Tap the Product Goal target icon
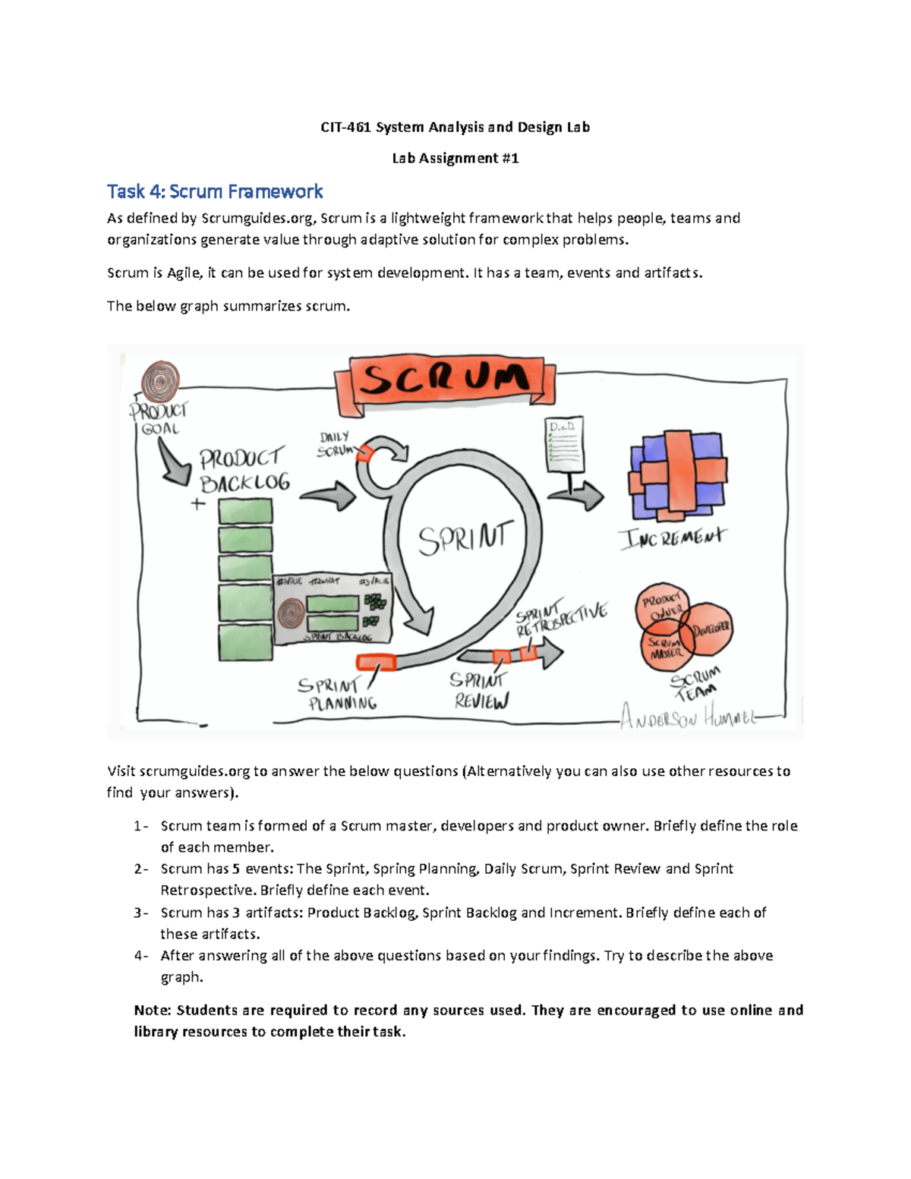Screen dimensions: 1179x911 click(x=160, y=381)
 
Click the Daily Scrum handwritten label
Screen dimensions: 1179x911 click(x=335, y=443)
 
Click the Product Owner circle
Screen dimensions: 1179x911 click(x=661, y=606)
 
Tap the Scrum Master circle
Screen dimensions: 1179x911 click(x=665, y=647)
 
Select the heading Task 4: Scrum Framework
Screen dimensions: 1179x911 click(x=215, y=191)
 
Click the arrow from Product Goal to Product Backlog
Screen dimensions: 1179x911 click(x=175, y=464)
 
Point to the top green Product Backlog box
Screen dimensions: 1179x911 click(x=245, y=512)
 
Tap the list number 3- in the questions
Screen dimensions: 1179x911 click(x=141, y=913)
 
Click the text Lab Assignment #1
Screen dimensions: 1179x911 click(x=455, y=158)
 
